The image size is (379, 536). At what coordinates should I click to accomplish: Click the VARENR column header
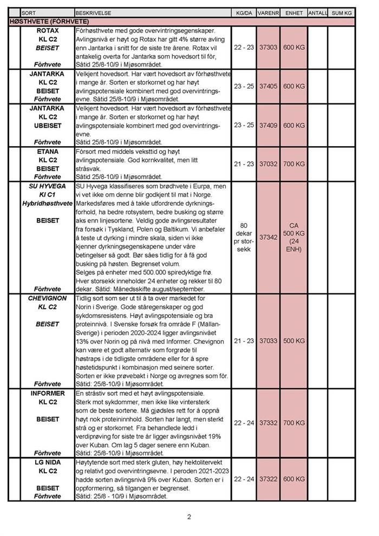coord(268,12)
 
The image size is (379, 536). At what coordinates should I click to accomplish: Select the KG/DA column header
coord(244,12)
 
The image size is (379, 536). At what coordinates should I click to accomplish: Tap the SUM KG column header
coord(341,12)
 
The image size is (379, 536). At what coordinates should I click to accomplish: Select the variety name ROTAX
coord(48,31)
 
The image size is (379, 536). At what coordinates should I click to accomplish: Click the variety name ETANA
coord(48,152)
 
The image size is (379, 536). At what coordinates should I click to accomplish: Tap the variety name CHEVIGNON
coord(48,298)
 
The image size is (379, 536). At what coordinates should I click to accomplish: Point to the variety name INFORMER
coord(48,393)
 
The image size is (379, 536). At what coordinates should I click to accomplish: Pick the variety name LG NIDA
coord(48,462)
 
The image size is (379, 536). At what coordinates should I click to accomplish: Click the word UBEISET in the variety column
coord(48,126)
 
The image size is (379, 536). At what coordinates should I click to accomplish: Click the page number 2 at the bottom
coord(189,517)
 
